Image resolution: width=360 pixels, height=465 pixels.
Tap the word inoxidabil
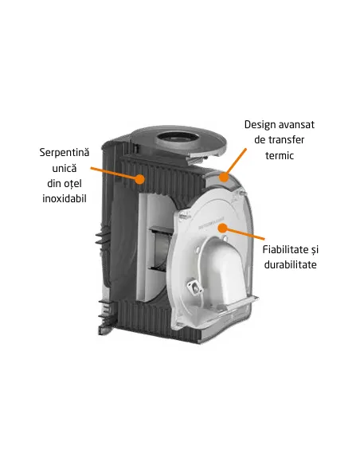pyautogui.click(x=63, y=197)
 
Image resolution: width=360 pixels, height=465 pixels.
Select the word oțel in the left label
pyautogui.click(x=75, y=182)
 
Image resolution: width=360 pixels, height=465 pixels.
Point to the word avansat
pyautogui.click(x=302, y=125)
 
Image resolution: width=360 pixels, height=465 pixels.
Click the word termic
pyautogui.click(x=280, y=156)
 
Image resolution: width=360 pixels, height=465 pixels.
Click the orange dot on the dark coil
pyautogui.click(x=141, y=179)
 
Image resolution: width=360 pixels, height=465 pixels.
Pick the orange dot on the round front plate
pyautogui.click(x=226, y=227)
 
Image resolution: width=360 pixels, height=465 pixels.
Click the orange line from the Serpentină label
pyautogui.click(x=116, y=174)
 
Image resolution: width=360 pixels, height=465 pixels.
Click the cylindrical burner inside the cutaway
pyautogui.click(x=160, y=246)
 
